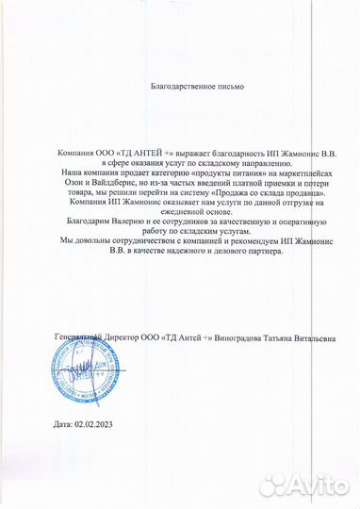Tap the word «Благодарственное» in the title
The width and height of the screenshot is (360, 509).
(x=182, y=87)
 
